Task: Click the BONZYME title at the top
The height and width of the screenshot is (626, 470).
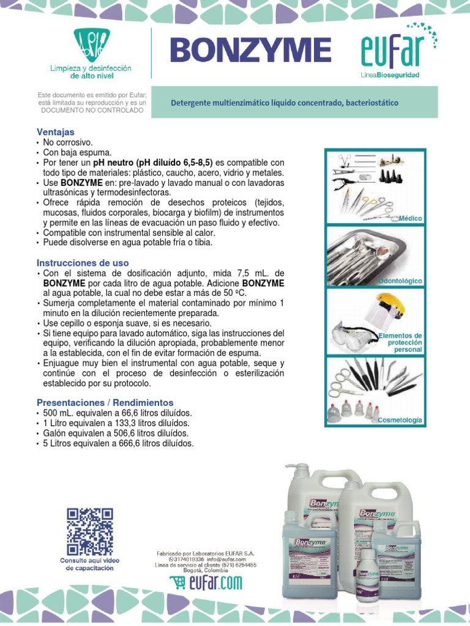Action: coord(250,50)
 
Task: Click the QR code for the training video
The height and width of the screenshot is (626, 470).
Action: coord(89,531)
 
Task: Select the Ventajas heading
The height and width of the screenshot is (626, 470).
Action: coord(56,131)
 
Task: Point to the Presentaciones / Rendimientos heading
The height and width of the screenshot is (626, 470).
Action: coord(105,403)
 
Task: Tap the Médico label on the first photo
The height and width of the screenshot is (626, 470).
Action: coord(410,218)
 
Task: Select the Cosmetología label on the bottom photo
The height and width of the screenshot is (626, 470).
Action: coord(400,421)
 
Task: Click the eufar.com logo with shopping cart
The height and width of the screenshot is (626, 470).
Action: coord(206,583)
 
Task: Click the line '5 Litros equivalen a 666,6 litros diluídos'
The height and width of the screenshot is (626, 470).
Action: coord(118,443)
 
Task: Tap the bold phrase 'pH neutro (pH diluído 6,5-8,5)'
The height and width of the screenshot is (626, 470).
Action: coord(152,163)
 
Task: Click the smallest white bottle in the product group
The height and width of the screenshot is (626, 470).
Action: coord(368,575)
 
